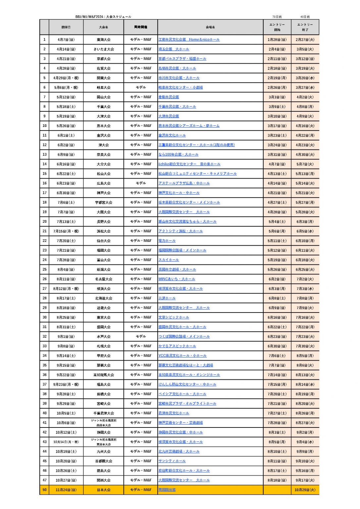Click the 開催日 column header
click(66, 27)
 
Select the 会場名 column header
click(210, 27)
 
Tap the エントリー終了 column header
click(305, 27)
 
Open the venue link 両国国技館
click(167, 490)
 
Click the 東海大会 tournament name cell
click(104, 40)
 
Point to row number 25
click(44, 269)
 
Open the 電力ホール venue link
click(167, 241)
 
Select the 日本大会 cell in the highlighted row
click(104, 490)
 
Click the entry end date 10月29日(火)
click(305, 490)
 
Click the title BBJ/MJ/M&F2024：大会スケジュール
click(103, 17)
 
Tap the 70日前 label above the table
click(277, 17)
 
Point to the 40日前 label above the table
click(305, 17)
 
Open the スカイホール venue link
click(169, 260)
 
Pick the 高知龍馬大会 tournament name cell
click(104, 375)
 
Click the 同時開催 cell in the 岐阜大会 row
click(141, 87)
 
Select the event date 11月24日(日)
click(66, 490)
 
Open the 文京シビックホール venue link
click(174, 317)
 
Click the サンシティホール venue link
click(172, 461)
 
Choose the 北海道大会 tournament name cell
click(104, 298)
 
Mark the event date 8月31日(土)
click(66, 327)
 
